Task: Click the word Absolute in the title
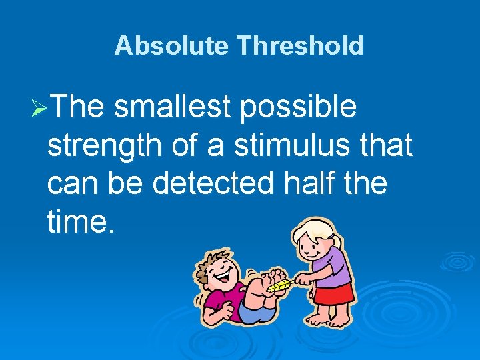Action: click(x=171, y=46)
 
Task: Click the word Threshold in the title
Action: click(x=300, y=46)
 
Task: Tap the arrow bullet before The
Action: click(x=39, y=108)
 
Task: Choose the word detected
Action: click(x=213, y=183)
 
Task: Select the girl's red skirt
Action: click(x=334, y=294)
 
